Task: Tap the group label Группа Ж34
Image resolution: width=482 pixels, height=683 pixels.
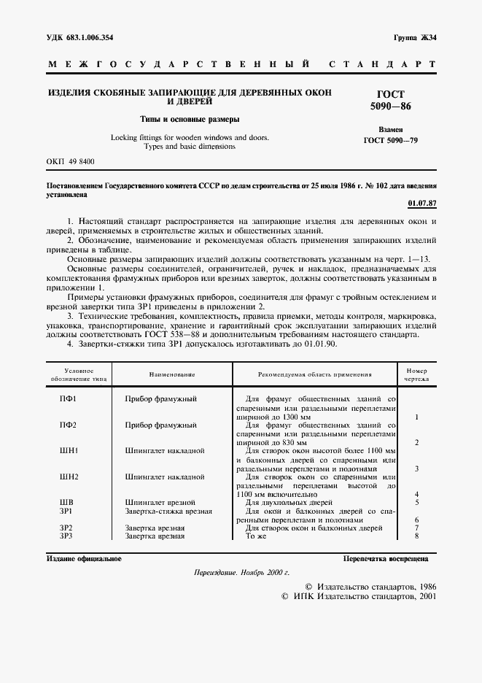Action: click(x=413, y=37)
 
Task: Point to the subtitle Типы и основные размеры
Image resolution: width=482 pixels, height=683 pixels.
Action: click(x=190, y=119)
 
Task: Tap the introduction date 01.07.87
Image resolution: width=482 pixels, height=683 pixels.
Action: click(x=422, y=204)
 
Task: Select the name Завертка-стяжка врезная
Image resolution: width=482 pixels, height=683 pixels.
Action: click(x=168, y=512)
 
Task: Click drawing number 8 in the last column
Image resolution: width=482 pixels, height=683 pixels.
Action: click(x=416, y=536)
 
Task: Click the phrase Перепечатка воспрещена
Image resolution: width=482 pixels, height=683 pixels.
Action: click(x=386, y=559)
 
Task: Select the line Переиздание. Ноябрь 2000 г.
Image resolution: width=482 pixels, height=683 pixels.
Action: click(x=241, y=574)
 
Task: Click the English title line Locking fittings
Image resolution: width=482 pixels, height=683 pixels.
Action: click(x=189, y=137)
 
